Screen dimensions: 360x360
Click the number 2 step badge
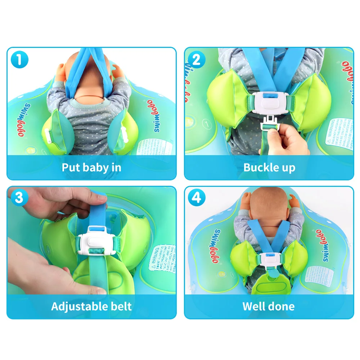[196, 59]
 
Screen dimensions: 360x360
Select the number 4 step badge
[196, 198]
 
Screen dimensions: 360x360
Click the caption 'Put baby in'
[91, 167]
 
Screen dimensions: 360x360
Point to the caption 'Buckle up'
[269, 167]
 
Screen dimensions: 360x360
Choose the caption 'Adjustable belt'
[91, 306]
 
